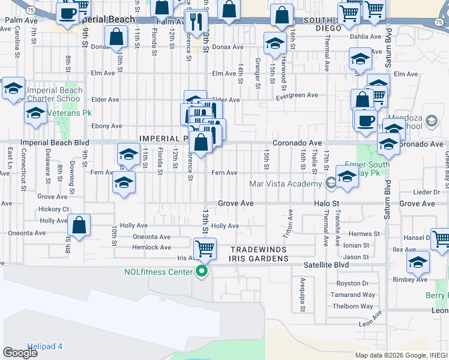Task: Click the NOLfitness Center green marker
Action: coord(202,272)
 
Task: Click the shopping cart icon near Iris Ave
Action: coord(205,248)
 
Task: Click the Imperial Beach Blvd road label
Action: coord(54,143)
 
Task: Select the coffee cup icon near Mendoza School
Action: coord(365,121)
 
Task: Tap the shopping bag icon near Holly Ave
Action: coord(79,226)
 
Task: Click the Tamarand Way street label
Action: coord(355,295)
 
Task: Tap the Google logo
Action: coord(20,353)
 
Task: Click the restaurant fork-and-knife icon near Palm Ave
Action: coord(196,22)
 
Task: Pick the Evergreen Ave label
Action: coord(297,95)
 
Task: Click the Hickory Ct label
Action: coord(53,209)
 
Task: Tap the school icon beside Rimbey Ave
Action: coord(418,262)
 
